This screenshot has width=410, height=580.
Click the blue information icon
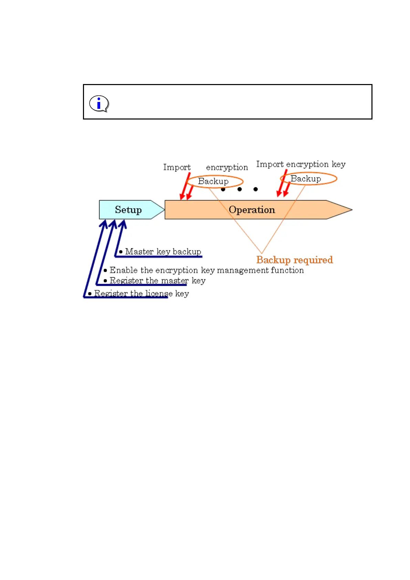pos(99,103)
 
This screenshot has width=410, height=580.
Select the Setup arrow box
pos(128,210)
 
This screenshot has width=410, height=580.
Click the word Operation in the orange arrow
pos(252,210)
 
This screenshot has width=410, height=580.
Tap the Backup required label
pos(294,260)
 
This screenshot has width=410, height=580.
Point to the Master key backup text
pos(163,251)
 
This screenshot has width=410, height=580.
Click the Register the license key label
pos(141,293)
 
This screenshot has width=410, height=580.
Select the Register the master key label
pos(157,281)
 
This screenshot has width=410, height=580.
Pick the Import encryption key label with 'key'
pos(301,164)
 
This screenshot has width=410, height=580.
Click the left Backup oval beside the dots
pos(215,181)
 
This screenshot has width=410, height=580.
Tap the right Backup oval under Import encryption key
pos(308,178)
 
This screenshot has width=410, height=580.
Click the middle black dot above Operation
pos(240,189)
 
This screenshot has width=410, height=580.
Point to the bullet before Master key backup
pos(120,252)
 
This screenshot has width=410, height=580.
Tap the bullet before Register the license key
pos(90,294)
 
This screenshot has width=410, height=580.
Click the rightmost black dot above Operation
pos(255,189)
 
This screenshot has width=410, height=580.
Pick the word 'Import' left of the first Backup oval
pos(177,167)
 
